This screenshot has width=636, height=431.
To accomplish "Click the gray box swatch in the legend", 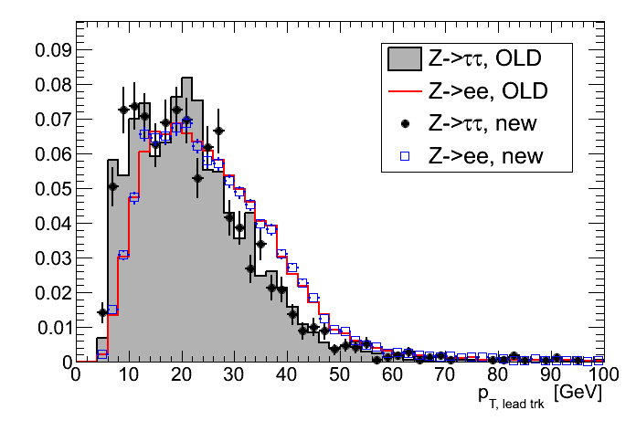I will point(404,59).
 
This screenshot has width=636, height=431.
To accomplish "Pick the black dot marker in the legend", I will point(404,123).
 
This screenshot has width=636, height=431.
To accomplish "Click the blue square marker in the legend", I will point(404,156).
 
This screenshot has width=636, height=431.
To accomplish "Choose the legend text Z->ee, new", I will point(485,156).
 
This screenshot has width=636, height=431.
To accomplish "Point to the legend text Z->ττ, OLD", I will point(485,59).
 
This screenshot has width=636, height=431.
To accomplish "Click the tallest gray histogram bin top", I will point(187,79).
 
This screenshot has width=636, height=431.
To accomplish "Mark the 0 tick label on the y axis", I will point(65,362).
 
